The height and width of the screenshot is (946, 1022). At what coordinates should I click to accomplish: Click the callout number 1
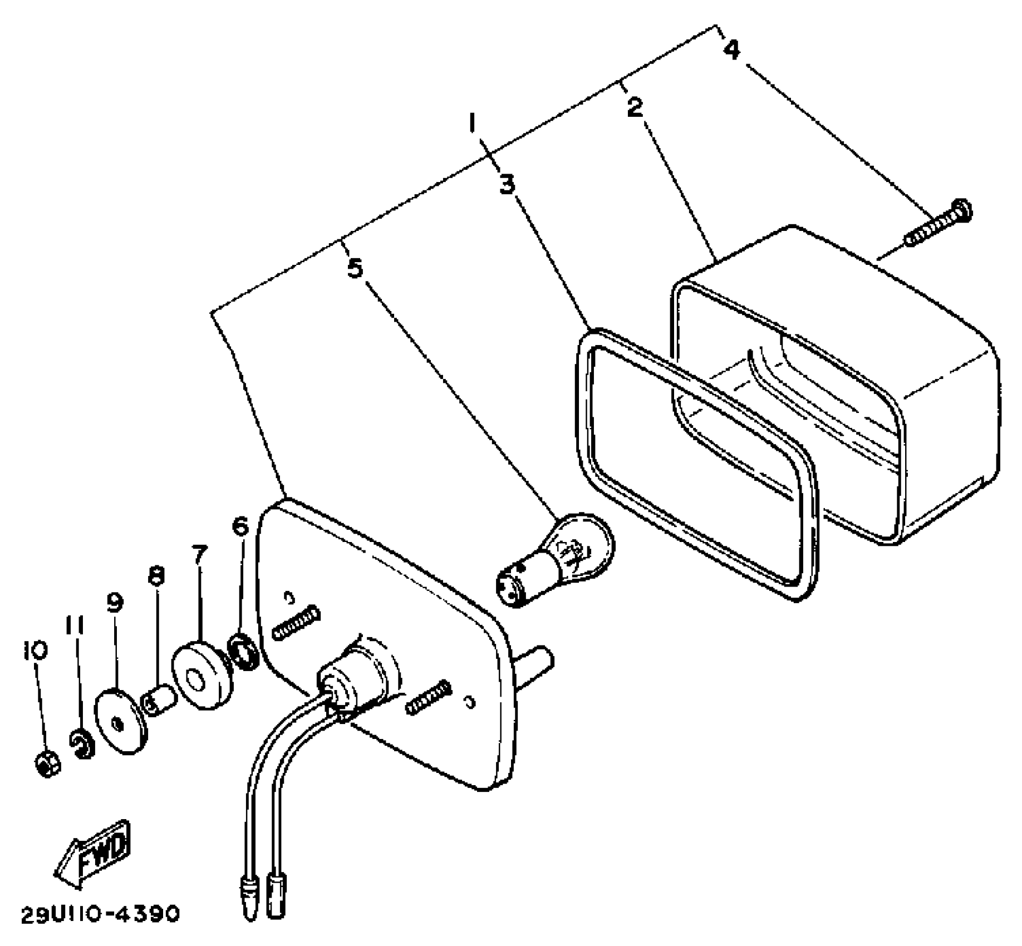(x=472, y=122)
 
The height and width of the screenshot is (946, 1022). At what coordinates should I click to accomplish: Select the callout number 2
(x=635, y=107)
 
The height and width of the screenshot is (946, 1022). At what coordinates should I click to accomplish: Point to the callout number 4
(x=731, y=50)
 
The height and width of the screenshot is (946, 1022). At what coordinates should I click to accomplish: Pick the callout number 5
(x=355, y=268)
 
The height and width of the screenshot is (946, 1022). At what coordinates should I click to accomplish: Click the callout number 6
(x=240, y=526)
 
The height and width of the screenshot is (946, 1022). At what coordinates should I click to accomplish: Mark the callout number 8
(x=156, y=577)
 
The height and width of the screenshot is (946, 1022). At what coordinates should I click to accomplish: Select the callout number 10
(x=36, y=649)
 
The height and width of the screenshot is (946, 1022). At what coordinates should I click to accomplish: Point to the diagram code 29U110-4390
(x=101, y=914)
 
